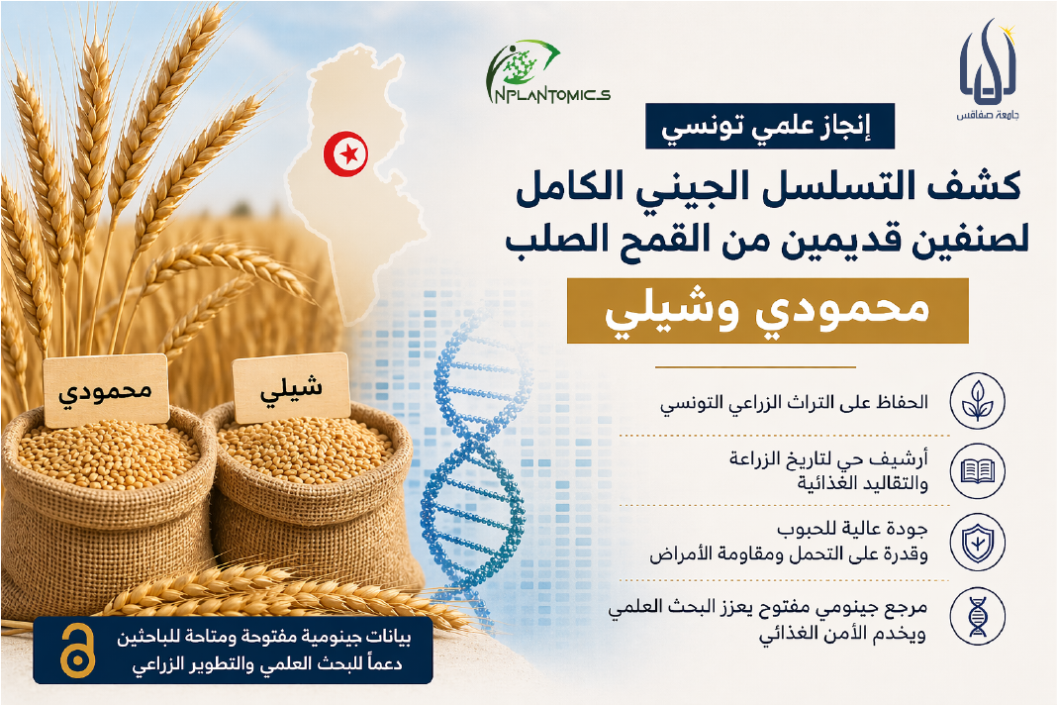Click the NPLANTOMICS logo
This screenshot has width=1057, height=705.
(546, 73)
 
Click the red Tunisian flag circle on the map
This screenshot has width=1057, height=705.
(345, 153)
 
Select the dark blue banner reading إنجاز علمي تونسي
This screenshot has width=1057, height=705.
(769, 126)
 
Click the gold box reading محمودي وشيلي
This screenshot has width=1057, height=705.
(767, 310)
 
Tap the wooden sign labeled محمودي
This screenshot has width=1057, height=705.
(106, 390)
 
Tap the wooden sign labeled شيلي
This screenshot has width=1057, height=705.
(291, 387)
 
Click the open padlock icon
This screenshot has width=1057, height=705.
(77, 651)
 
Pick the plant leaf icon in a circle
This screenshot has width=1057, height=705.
(978, 401)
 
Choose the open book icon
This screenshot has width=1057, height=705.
(978, 471)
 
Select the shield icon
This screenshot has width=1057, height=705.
(978, 543)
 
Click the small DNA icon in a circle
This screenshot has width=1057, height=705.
(978, 617)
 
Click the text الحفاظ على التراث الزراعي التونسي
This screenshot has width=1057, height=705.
(794, 403)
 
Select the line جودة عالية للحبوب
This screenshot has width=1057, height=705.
(852, 528)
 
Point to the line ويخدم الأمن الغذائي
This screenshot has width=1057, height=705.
(842, 634)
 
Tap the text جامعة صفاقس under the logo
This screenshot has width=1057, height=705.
(988, 115)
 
